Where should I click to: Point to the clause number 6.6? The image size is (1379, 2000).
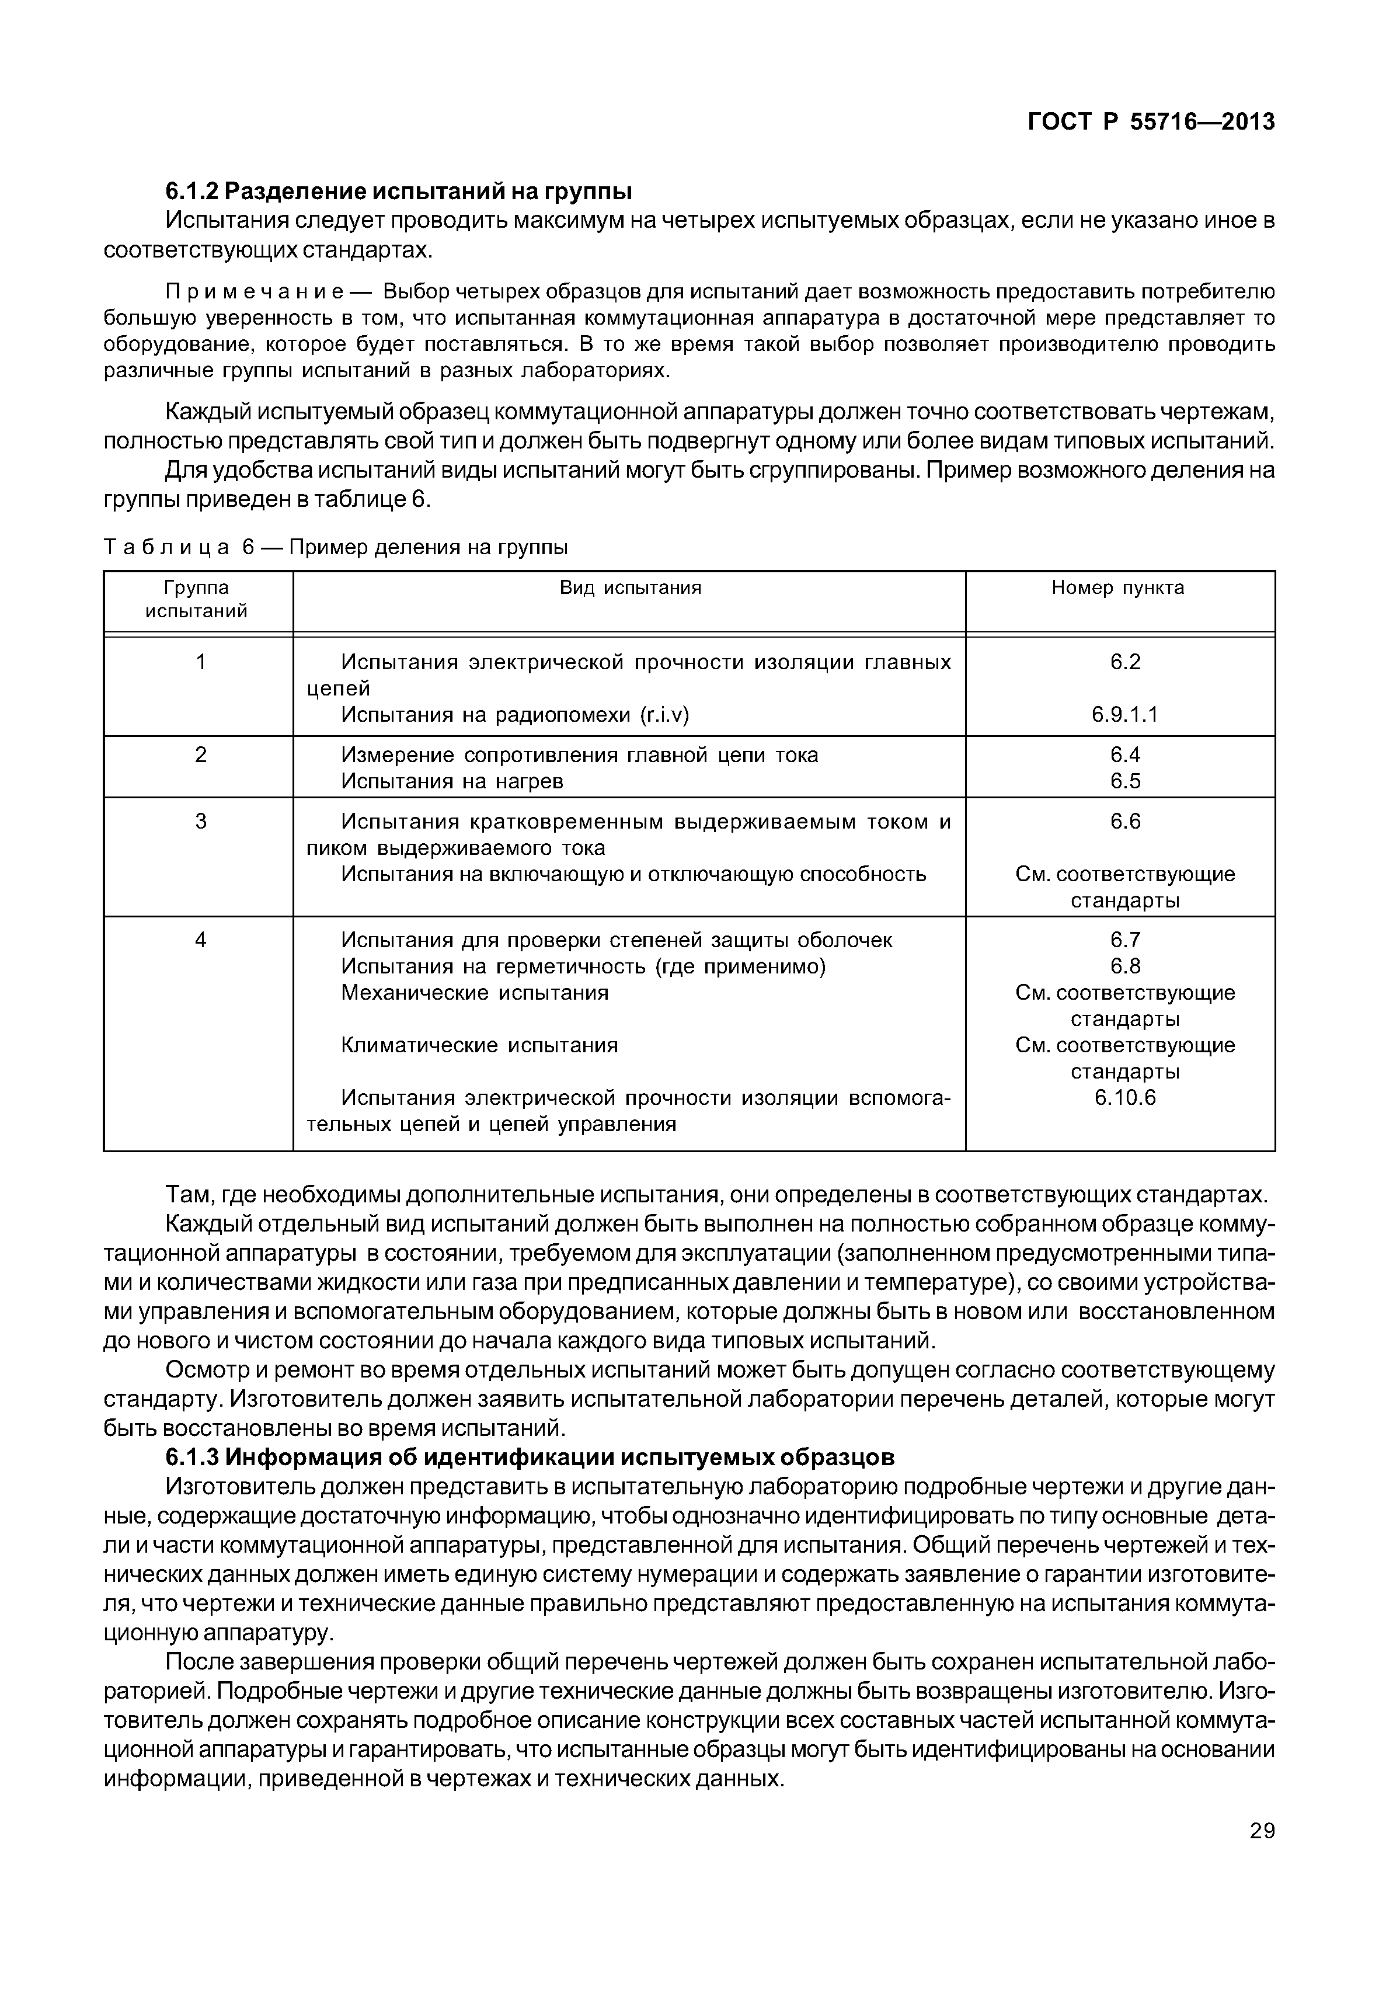pos(1125,821)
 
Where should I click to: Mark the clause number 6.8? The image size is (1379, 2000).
pos(1125,966)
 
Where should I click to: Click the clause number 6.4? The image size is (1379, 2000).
pos(1125,756)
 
